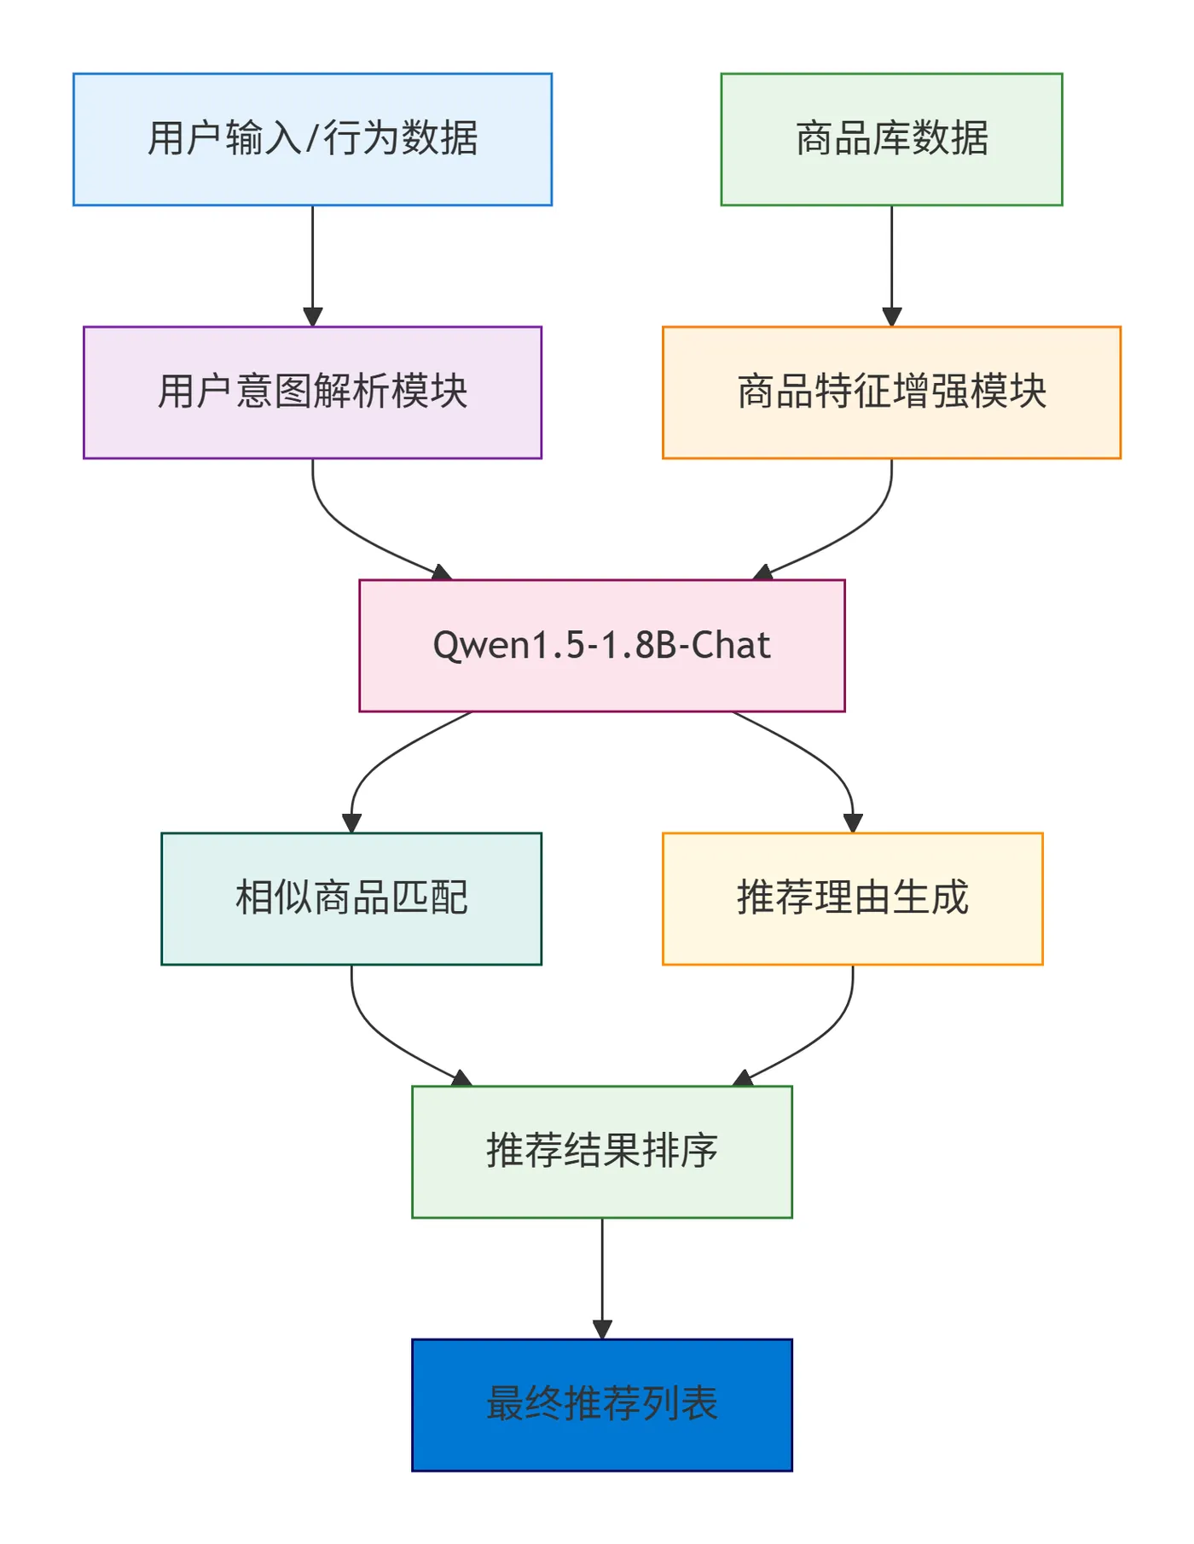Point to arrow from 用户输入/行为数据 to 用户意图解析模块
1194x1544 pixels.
312,264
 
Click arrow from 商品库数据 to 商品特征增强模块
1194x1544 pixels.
891,264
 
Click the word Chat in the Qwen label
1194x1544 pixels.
731,646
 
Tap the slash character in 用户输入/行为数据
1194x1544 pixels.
312,139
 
